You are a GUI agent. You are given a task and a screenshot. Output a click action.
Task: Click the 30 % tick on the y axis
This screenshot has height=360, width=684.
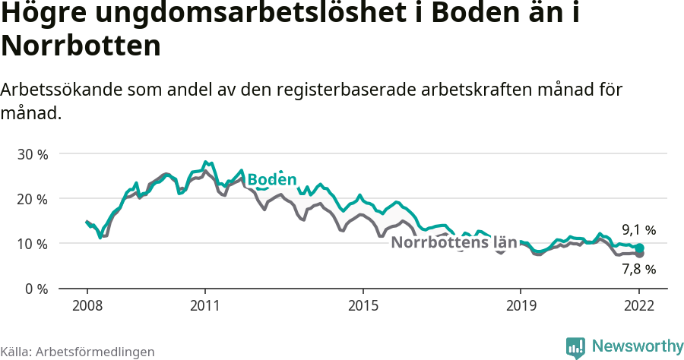click(32, 154)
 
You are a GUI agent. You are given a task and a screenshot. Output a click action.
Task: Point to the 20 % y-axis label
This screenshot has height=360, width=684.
click(32, 199)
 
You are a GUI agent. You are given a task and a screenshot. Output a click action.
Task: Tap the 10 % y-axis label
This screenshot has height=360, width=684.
click(32, 244)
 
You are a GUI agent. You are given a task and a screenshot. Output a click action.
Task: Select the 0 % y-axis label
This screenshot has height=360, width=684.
click(36, 289)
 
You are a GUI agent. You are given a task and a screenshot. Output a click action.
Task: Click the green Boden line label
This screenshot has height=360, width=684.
click(271, 180)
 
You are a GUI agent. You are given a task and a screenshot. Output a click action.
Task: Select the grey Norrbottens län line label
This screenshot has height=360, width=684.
click(454, 243)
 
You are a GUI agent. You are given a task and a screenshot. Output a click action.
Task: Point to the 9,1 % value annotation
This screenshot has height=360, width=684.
click(638, 229)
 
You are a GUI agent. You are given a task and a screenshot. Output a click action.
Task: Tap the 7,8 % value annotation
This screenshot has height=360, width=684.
click(638, 269)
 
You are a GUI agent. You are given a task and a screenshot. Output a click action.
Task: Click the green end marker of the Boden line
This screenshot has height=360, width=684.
click(639, 248)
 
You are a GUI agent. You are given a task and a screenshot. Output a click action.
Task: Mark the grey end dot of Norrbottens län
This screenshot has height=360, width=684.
click(639, 254)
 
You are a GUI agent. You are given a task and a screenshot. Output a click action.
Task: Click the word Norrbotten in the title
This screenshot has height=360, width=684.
click(81, 46)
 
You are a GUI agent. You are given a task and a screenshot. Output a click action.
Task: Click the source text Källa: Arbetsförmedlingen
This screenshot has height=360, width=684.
click(78, 352)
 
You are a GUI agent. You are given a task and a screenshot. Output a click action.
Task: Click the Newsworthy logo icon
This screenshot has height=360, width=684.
click(575, 347)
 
